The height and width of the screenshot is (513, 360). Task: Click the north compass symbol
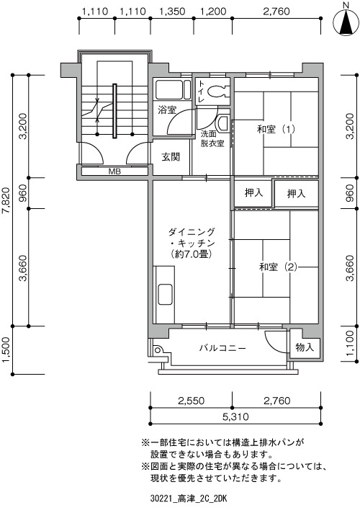tap(346, 22)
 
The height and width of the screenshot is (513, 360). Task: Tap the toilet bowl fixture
tap(217, 92)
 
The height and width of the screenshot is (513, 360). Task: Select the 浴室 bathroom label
tap(167, 110)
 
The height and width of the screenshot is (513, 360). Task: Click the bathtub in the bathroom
tap(173, 89)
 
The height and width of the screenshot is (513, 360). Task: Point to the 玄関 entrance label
tap(171, 157)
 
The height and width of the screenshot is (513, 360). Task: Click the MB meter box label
tap(114, 171)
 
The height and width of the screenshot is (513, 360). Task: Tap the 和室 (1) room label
tap(276, 130)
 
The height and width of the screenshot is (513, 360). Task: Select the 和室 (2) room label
tap(278, 267)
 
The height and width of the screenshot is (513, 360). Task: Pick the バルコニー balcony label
tap(222, 348)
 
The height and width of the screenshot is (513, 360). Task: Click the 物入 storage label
tap(305, 347)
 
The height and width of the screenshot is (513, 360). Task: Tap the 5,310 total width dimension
tap(235, 416)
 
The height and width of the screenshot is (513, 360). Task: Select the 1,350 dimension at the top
tap(172, 12)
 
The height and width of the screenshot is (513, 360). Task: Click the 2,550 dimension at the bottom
tap(192, 401)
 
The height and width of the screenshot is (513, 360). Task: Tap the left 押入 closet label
tap(253, 192)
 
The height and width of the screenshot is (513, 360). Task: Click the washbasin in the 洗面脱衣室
tap(223, 123)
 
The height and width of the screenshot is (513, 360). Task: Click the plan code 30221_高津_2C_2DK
tap(189, 499)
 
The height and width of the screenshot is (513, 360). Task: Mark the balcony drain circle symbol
tap(158, 350)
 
